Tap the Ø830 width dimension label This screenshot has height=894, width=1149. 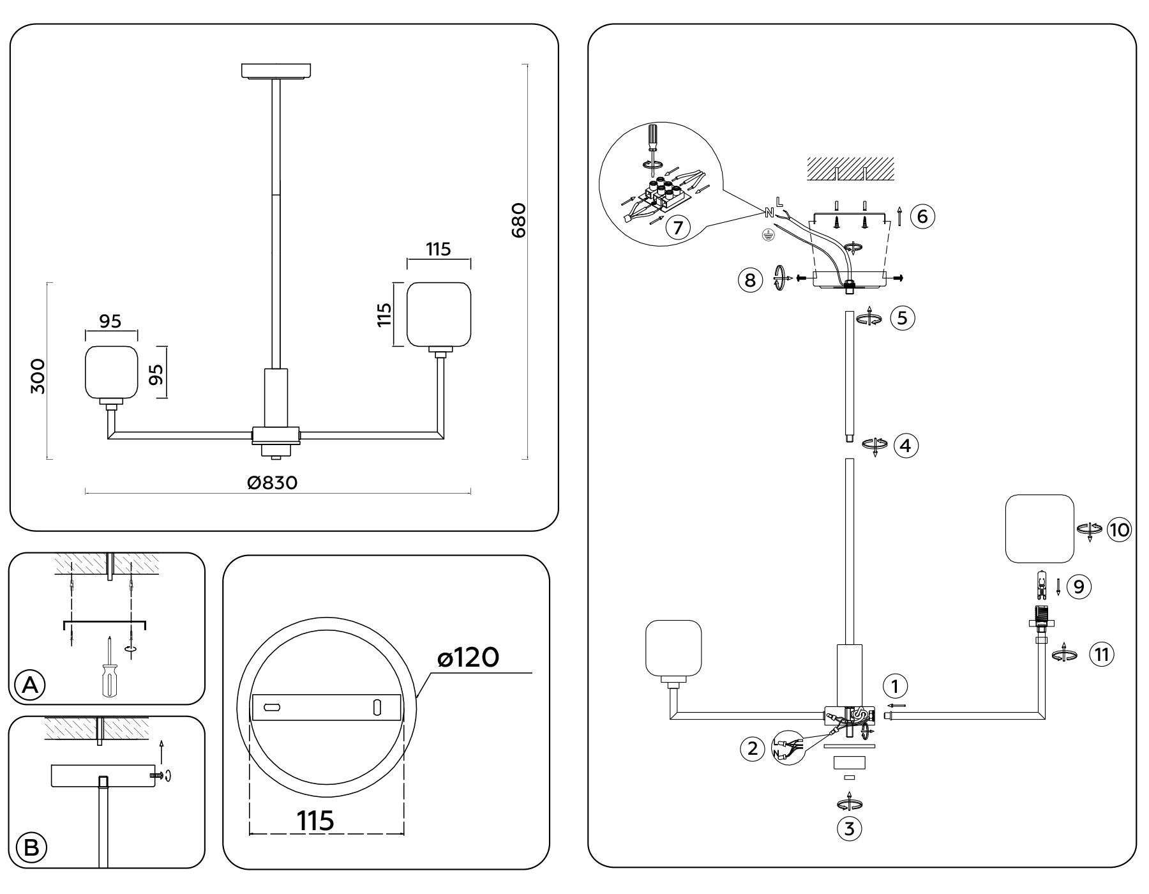click(273, 483)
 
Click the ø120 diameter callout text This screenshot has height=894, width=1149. click(468, 657)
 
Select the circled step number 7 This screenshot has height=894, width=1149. click(678, 227)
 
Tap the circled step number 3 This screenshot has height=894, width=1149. click(849, 829)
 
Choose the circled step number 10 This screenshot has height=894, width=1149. click(1118, 529)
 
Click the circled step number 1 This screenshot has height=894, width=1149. click(895, 686)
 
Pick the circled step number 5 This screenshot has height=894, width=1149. click(902, 318)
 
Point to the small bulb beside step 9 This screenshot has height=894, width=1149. click(1041, 584)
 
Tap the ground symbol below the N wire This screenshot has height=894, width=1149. click(769, 235)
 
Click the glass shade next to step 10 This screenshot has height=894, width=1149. click(1039, 529)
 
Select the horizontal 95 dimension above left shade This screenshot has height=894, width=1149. click(110, 321)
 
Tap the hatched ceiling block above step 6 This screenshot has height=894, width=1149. click(850, 168)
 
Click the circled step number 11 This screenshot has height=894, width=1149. click(1102, 655)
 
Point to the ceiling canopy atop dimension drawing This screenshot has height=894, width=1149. click(276, 70)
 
